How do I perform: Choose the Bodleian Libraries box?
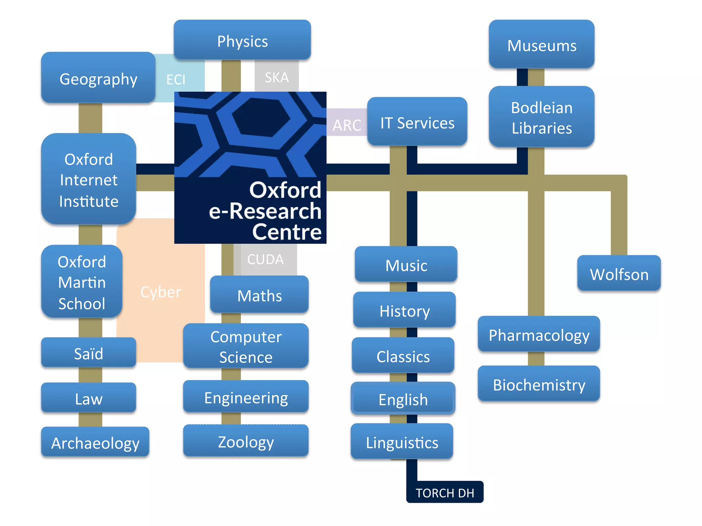point(542,117)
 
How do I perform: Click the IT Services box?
point(417,122)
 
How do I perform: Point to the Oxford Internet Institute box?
point(89,179)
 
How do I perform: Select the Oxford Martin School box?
point(82,282)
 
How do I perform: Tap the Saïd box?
point(89,353)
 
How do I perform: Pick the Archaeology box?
point(95,442)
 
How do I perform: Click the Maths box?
point(259,295)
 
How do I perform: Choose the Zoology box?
point(246,441)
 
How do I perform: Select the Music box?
point(406,265)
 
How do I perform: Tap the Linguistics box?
point(402,442)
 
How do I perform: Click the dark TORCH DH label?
point(445,492)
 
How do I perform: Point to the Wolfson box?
point(619,274)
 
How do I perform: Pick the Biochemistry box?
point(539,384)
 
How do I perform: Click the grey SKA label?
point(277,77)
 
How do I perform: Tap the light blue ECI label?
point(176,79)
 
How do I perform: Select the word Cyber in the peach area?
point(161,292)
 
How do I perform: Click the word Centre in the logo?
point(287,232)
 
